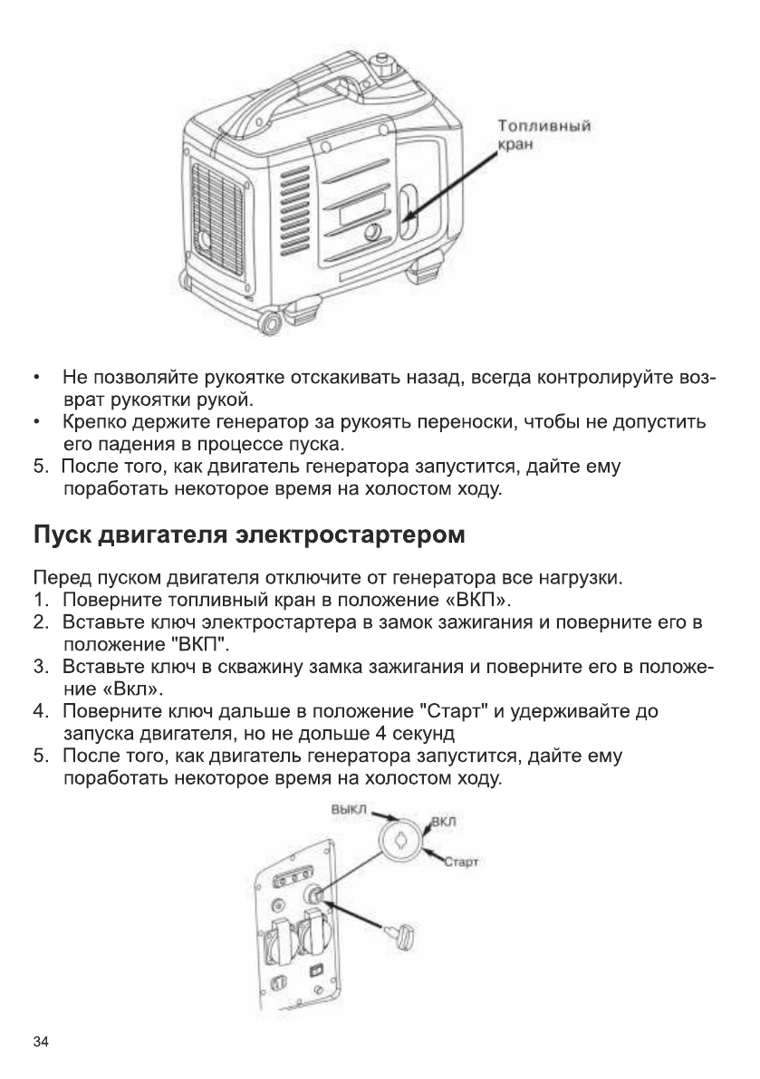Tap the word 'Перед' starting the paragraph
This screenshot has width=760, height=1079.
point(56,577)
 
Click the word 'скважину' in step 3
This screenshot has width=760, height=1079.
point(229,668)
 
